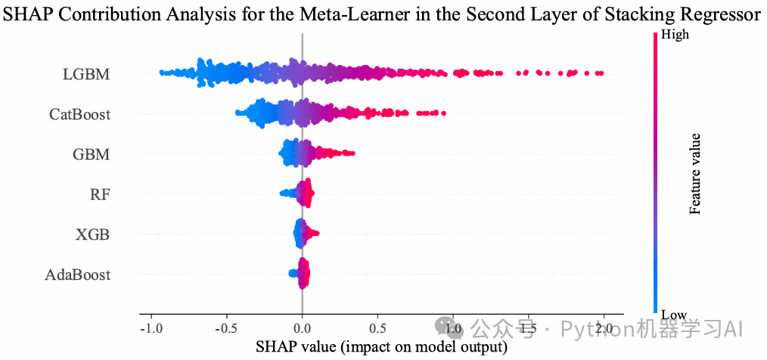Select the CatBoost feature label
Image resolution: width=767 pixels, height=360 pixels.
coord(79,115)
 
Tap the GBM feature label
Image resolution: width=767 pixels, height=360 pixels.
coord(92,154)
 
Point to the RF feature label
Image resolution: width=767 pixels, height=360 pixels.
coord(100,194)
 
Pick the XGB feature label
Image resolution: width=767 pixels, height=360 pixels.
coord(93,234)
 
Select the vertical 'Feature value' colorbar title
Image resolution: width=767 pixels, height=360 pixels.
coord(696,173)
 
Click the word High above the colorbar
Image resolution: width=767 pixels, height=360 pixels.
coord(675,35)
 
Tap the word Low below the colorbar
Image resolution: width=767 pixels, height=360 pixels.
coord(673,314)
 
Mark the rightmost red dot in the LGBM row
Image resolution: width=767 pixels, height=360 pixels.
coord(600,73)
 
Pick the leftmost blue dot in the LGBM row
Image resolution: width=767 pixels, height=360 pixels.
coord(161,73)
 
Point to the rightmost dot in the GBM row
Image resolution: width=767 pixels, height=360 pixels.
coord(352,154)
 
